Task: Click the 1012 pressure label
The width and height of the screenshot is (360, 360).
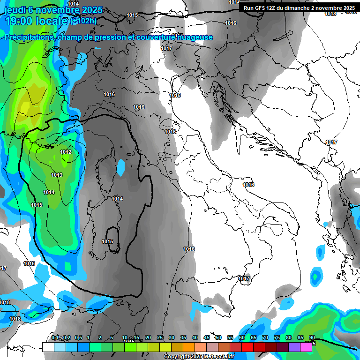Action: click(x=66, y=152)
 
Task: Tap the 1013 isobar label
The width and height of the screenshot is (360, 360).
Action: click(x=57, y=175)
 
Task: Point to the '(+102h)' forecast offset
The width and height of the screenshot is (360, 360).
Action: click(x=84, y=21)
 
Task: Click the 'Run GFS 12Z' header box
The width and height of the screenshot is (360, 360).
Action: click(x=299, y=8)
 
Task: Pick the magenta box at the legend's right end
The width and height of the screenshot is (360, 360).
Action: click(x=306, y=347)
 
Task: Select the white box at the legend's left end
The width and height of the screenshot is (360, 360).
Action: click(x=48, y=347)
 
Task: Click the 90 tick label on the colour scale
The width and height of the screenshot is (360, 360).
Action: click(x=312, y=338)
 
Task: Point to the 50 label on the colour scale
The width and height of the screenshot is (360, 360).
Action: click(x=218, y=338)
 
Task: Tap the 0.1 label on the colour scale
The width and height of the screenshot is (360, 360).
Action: click(x=55, y=338)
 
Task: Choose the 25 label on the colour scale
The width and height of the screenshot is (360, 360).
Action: click(x=160, y=338)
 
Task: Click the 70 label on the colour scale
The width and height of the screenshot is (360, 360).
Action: click(x=265, y=338)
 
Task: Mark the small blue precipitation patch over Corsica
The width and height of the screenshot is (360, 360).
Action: click(x=121, y=167)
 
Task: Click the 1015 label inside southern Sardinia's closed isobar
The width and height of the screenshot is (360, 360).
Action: click(x=107, y=241)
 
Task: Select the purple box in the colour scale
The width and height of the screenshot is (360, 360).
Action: click(x=294, y=347)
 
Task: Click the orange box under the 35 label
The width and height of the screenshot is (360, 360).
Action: click(x=188, y=347)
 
